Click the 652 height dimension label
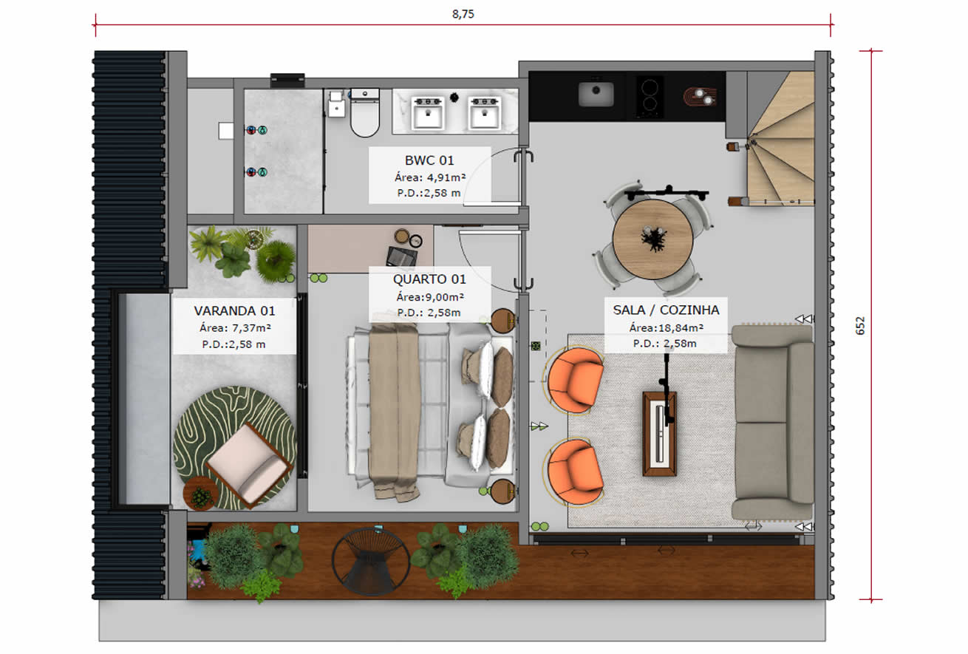click(860, 326)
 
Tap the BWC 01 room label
click(429, 160)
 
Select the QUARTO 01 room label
click(429, 279)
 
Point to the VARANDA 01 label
click(234, 310)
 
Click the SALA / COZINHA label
click(665, 310)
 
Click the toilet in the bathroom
click(364, 115)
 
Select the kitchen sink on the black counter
click(596, 94)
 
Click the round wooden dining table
click(652, 239)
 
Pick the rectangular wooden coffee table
click(658, 433)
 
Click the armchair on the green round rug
click(248, 466)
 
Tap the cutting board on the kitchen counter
click(701, 96)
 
